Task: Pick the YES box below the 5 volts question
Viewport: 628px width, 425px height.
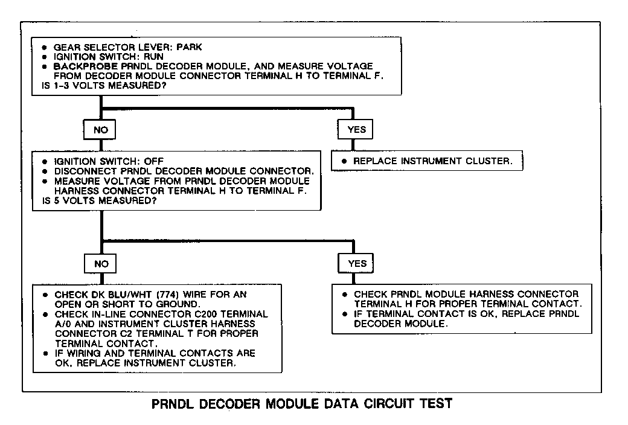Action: pyautogui.click(x=357, y=263)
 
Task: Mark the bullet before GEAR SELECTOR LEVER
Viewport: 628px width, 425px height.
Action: pyautogui.click(x=44, y=46)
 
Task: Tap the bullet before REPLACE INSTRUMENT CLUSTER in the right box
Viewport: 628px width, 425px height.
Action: pyautogui.click(x=344, y=162)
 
